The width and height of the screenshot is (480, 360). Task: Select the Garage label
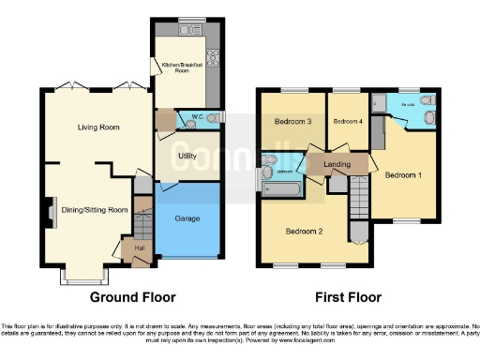187,218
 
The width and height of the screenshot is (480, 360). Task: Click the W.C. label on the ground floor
197,117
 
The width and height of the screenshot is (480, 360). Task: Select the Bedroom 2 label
304,232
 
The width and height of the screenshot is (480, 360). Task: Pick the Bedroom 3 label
292,122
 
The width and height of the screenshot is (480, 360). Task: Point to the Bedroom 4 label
347,122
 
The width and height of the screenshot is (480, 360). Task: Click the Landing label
337,165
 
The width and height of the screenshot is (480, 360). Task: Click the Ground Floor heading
132,297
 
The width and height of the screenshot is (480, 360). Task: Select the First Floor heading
348,297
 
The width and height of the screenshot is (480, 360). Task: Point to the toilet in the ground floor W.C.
215,117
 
